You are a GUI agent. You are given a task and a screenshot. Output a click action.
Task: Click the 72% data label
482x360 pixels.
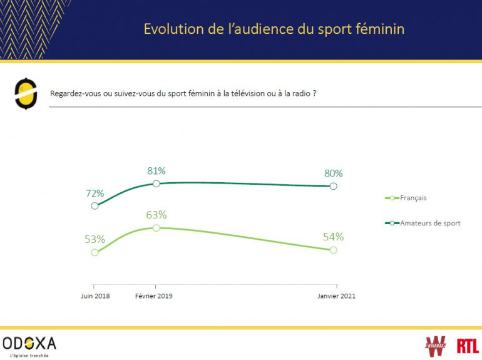pyautogui.click(x=95, y=193)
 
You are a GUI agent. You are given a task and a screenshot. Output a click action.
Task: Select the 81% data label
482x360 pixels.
pyautogui.click(x=156, y=170)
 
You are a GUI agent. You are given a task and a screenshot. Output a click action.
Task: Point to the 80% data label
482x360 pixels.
pyautogui.click(x=333, y=173)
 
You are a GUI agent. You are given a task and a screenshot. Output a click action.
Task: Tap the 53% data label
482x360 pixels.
pyautogui.click(x=95, y=239)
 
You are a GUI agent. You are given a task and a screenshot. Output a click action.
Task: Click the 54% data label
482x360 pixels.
pyautogui.click(x=334, y=237)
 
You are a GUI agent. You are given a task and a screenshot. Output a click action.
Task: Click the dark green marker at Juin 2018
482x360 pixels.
pyautogui.click(x=95, y=205)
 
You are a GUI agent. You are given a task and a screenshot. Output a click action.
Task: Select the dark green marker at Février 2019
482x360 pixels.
pyautogui.click(x=156, y=183)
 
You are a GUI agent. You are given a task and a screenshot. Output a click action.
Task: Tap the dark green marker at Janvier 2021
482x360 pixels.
pyautogui.click(x=333, y=186)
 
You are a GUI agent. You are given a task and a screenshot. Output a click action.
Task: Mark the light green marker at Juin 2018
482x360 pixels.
pyautogui.click(x=95, y=252)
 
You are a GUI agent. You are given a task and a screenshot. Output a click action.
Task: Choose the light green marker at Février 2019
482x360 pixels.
pyautogui.click(x=156, y=228)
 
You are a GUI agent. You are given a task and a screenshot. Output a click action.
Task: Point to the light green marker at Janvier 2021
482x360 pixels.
pyautogui.click(x=333, y=250)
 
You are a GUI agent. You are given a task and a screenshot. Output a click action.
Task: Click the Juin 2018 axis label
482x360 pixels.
pyautogui.click(x=95, y=296)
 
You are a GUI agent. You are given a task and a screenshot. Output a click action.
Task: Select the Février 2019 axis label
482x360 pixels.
pyautogui.click(x=154, y=296)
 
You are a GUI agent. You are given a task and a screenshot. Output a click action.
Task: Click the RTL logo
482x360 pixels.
pyautogui.click(x=466, y=345)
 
